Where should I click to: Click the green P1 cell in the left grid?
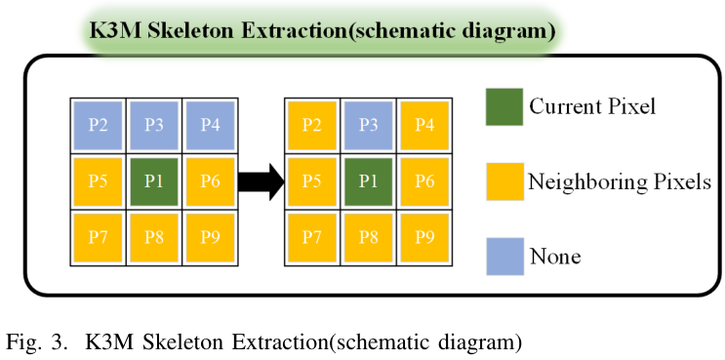(154, 181)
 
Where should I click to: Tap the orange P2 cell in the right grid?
(311, 125)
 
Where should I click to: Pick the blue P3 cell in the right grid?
(368, 125)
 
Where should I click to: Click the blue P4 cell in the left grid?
(211, 125)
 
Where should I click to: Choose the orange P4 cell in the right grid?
(424, 125)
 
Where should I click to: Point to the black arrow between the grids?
(261, 182)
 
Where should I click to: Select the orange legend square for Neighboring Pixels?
(503, 181)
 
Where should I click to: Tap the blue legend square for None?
(503, 258)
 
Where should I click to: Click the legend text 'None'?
(554, 258)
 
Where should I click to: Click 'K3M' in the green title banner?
(115, 30)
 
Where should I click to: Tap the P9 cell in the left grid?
(211, 238)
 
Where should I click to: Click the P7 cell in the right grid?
(311, 238)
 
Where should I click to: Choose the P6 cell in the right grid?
(424, 181)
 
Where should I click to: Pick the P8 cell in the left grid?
(154, 238)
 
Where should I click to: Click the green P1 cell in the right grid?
(368, 181)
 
